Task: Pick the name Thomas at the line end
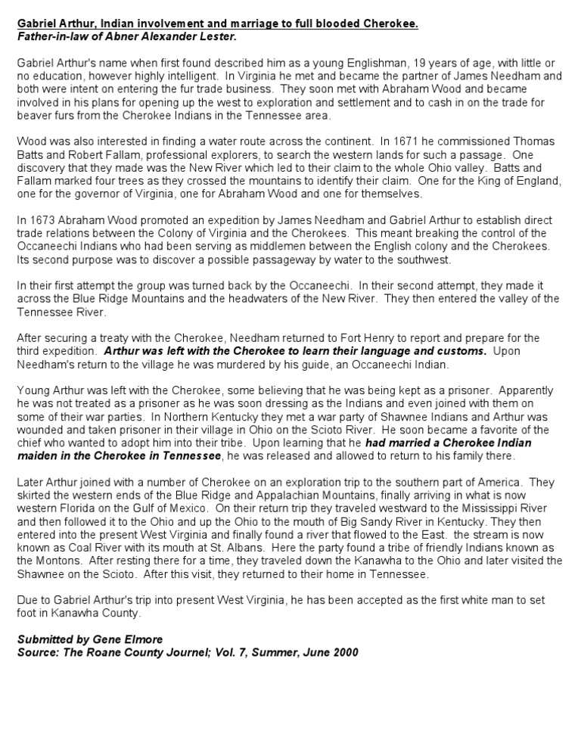tap(534, 141)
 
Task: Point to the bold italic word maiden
tap(38, 456)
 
